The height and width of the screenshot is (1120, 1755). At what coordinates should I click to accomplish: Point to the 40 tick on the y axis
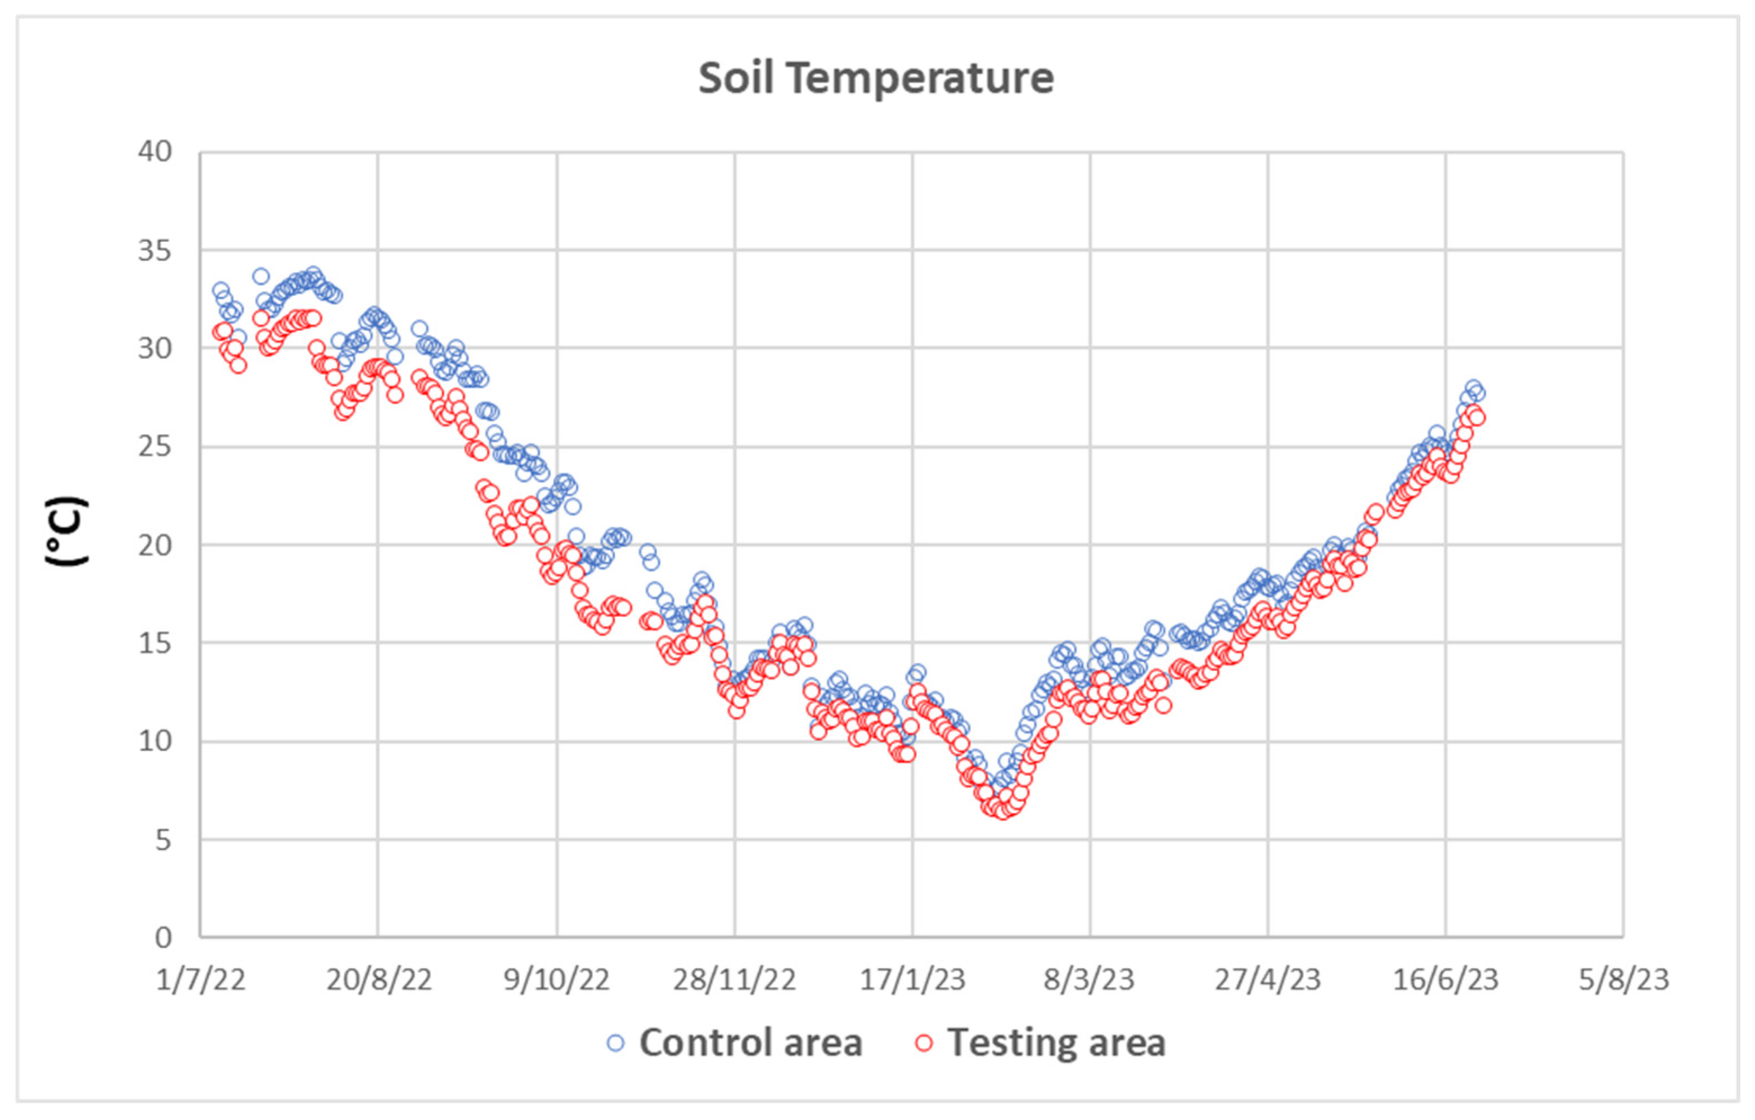[x=155, y=151]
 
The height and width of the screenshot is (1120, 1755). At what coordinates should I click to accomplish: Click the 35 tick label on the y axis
[x=155, y=251]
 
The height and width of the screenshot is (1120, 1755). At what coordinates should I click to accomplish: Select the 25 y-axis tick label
[x=155, y=447]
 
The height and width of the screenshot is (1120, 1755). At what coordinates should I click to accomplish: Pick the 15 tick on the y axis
[x=155, y=644]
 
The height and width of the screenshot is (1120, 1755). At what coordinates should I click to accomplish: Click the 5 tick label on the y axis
[x=163, y=840]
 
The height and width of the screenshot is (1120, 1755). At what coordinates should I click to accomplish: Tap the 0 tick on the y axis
[x=163, y=938]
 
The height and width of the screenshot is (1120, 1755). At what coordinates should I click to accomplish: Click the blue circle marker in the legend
[x=616, y=1043]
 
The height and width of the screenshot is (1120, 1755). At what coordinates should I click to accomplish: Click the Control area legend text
[x=751, y=1043]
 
